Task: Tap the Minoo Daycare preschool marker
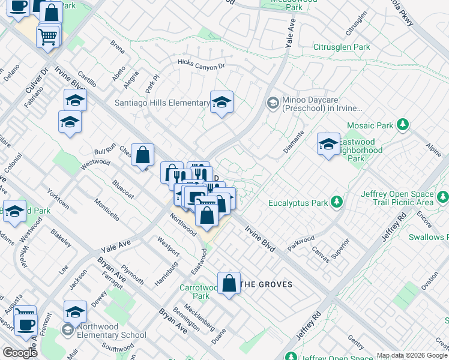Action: click(273, 103)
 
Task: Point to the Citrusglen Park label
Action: click(342, 47)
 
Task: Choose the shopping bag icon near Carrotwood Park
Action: click(229, 283)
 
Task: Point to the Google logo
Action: click(20, 353)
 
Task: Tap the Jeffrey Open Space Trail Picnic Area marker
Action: click(442, 197)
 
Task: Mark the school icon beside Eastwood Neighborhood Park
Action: click(328, 144)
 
